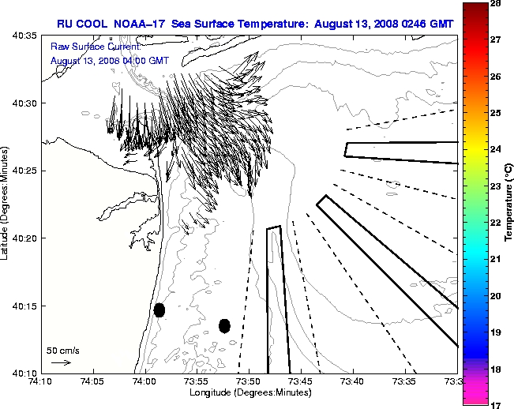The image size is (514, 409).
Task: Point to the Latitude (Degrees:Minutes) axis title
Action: [6, 204]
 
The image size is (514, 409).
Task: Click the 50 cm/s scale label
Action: [62, 350]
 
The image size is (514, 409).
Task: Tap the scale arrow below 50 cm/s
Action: [61, 362]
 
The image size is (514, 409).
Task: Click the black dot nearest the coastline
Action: [159, 310]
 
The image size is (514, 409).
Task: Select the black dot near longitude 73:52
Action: [224, 325]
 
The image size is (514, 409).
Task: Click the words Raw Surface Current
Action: [88, 47]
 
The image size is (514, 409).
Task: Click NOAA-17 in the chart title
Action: [146, 24]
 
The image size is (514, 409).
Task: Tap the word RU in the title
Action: [64, 24]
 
